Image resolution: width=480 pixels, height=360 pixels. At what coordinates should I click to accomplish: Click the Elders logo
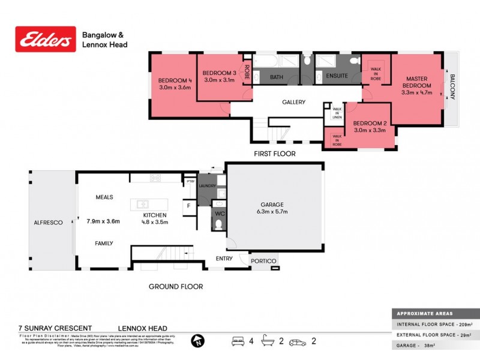point(46,39)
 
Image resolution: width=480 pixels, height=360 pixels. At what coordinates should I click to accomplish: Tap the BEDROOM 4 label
point(175,81)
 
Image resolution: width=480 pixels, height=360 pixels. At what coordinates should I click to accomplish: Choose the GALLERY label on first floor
point(294,102)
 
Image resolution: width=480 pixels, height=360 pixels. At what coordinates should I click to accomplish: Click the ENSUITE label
point(337,77)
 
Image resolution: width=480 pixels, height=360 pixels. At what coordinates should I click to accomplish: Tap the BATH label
point(276,77)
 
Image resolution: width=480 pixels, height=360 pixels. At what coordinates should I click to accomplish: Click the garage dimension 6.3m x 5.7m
point(272,212)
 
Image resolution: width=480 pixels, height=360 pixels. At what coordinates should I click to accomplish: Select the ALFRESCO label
point(48,223)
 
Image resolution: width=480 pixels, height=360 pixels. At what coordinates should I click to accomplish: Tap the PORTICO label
point(264,261)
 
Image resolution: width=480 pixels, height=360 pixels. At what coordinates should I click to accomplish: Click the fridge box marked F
point(188,205)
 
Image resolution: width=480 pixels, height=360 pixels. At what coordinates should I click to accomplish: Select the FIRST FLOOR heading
point(275,154)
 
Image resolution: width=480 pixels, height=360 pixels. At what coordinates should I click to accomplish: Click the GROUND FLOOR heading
point(175,286)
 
